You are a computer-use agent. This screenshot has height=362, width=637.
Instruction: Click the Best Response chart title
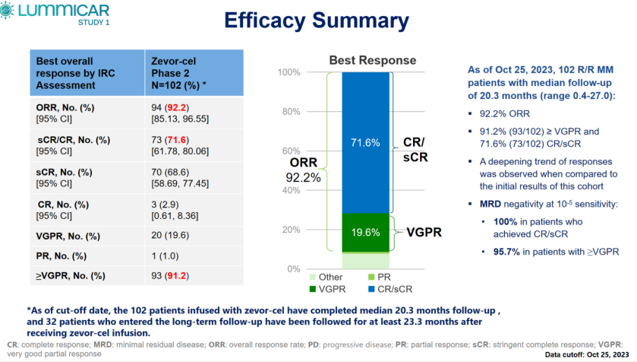(x=372, y=60)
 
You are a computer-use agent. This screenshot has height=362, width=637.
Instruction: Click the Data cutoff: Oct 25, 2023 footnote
(x=586, y=354)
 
